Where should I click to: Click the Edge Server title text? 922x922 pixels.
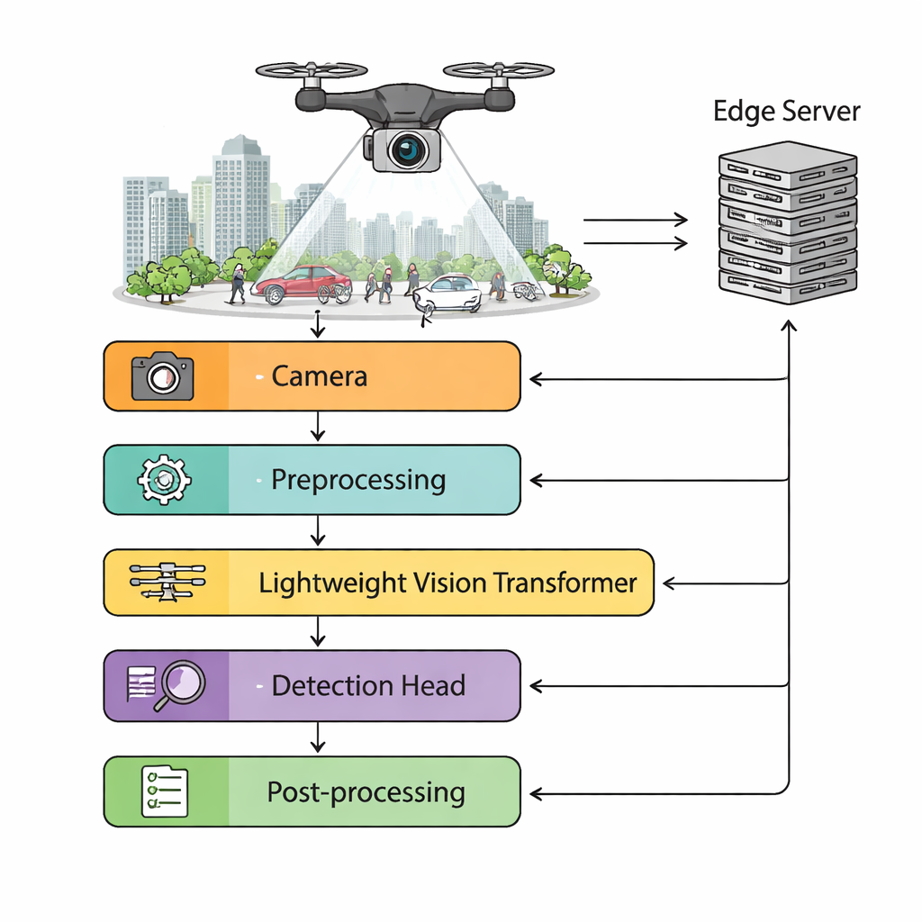point(787,112)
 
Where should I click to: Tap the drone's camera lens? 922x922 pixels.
point(407,149)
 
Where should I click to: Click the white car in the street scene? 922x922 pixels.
point(448,293)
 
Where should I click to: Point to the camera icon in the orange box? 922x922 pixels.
point(162,376)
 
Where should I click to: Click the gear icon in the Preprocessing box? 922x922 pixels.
point(164,480)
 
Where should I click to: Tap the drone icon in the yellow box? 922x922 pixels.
point(167,583)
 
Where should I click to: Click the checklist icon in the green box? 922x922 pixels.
point(165,791)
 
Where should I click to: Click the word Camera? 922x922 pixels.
point(320,375)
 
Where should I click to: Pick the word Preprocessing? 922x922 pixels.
point(358,480)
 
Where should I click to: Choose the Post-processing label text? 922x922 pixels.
point(366,792)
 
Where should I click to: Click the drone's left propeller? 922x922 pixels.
point(312,70)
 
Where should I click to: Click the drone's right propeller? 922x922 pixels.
point(499,69)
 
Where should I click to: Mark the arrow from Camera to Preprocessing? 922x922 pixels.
point(317,428)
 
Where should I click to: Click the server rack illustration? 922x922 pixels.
point(787,221)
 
